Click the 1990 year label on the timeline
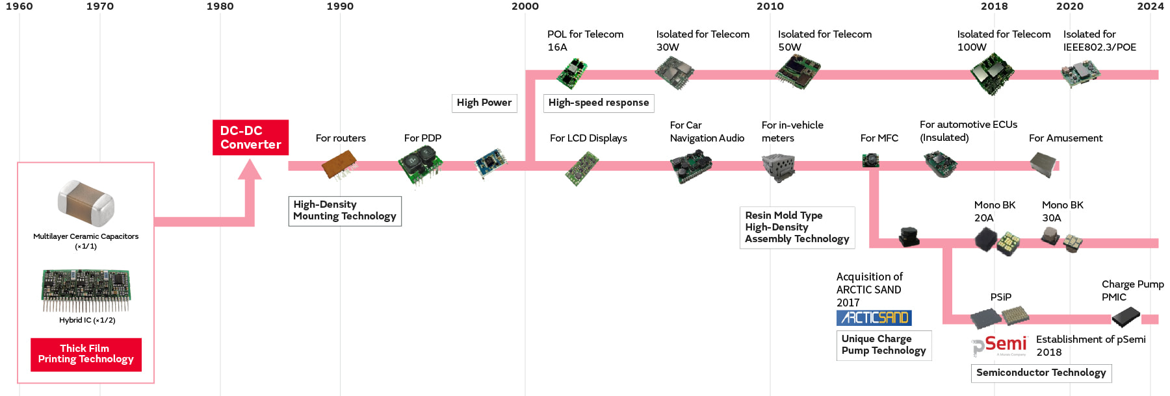[340, 6]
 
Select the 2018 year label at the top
[994, 6]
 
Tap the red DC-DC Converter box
[250, 138]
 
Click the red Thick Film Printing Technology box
[86, 354]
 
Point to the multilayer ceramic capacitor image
[86, 203]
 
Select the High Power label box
[484, 103]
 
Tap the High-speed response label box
[599, 103]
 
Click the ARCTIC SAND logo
[874, 317]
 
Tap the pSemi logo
[1000, 345]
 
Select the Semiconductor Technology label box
[1041, 373]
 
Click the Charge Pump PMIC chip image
[1126, 317]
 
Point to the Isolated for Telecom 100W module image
[992, 73]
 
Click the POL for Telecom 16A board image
[572, 73]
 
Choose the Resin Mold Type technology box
[797, 227]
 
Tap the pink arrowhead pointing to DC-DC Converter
[250, 171]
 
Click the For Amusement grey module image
[1045, 164]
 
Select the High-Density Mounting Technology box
[344, 210]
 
